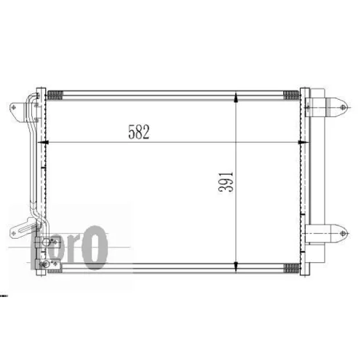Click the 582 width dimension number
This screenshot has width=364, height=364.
(x=139, y=132)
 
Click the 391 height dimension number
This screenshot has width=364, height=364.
(x=226, y=182)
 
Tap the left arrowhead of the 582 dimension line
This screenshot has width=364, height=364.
(x=43, y=142)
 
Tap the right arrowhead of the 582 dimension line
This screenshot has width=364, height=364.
(x=304, y=142)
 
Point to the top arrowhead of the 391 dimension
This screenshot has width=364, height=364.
(x=237, y=98)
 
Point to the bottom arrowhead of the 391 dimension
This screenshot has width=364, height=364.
(x=237, y=266)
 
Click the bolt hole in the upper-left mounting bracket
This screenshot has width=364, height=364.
(x=14, y=107)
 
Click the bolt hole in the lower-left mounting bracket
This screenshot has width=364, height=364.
(x=13, y=234)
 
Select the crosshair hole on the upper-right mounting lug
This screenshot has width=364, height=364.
(x=343, y=107)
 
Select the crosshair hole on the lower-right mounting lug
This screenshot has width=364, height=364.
(x=343, y=234)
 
